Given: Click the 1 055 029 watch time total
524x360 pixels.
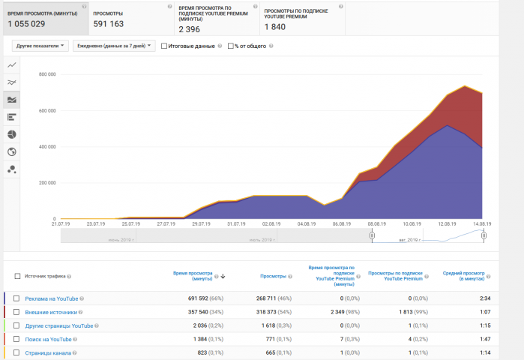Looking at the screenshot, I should pos(27,24).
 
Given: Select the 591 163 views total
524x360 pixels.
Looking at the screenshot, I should pos(108,24).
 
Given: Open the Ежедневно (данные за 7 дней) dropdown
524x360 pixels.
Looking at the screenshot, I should pos(113,46).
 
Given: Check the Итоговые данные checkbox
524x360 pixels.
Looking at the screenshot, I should pos(165,46).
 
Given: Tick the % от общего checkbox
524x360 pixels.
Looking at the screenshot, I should pos(231,46).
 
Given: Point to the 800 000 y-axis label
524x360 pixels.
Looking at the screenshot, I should pos(46,74).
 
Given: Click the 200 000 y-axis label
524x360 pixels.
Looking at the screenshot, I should pos(46,183).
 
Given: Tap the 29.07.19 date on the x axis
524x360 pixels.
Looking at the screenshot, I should pos(204,223).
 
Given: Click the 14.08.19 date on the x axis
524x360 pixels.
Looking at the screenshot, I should pos(481,223).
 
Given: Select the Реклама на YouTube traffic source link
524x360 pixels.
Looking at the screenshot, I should pos(50,298).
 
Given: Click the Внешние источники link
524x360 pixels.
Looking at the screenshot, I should pos(51,312).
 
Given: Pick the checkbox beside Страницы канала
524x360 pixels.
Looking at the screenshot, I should pos(16,352).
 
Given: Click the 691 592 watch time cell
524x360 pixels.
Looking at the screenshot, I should pos(196,298).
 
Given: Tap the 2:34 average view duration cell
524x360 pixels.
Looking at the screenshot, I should pos(484,298).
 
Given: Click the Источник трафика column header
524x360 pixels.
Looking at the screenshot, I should pos(46,276).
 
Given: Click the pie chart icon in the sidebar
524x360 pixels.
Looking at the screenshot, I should pos(11,134).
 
